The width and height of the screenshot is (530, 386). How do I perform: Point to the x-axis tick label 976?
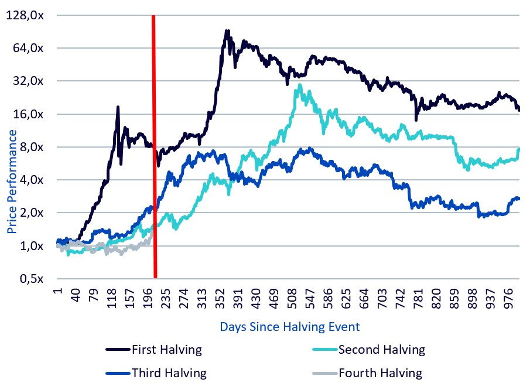(x=510, y=296)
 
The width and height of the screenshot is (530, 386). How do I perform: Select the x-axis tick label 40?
(x=75, y=295)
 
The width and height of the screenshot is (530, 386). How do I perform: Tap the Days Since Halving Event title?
(x=289, y=326)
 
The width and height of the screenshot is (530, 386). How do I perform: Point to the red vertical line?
(x=155, y=146)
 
